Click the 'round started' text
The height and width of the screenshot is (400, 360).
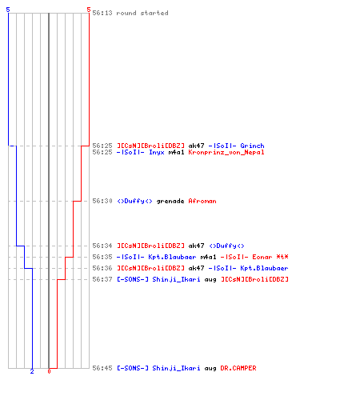click(142, 13)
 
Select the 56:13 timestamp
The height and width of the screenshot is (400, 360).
click(102, 13)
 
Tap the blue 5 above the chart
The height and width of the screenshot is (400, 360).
click(8, 10)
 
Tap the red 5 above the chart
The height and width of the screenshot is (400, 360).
click(89, 10)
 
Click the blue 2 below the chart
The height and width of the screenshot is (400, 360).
click(32, 371)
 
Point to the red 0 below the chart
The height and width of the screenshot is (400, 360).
click(49, 371)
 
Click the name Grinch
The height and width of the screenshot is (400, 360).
click(252, 146)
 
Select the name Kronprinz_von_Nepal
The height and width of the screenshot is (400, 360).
click(226, 152)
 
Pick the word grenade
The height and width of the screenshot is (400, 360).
click(170, 201)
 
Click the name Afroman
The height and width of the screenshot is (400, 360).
click(202, 201)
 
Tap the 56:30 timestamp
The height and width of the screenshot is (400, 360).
click(102, 201)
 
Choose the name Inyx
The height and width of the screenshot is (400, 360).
click(157, 152)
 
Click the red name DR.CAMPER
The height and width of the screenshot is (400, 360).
click(238, 368)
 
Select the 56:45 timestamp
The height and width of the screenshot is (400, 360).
click(102, 368)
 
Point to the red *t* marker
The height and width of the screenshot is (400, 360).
click(282, 257)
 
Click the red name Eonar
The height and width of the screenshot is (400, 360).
click(262, 257)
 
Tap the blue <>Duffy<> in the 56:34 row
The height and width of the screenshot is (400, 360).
click(226, 246)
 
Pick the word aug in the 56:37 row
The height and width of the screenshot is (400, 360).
click(210, 279)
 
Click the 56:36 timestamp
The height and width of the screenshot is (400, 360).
click(102, 268)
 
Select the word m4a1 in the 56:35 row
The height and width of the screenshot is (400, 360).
click(208, 257)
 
